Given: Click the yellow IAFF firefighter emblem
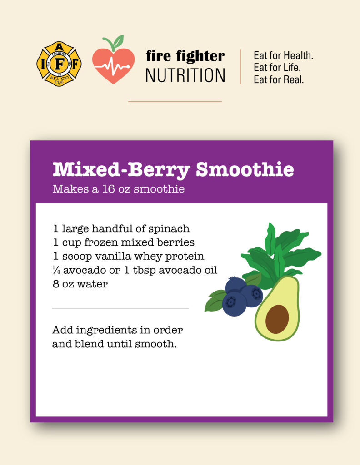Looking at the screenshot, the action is tap(59, 64).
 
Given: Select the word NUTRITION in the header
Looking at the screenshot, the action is tap(185, 75).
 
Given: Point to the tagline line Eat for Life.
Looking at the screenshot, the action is tap(277, 67).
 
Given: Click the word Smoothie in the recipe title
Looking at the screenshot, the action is tap(245, 169).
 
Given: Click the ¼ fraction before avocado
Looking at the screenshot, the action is tap(56, 270).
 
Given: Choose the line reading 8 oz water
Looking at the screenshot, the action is tap(80, 284).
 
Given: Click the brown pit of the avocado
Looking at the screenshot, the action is tap(277, 319).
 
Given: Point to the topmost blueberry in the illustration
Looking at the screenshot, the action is tap(235, 285).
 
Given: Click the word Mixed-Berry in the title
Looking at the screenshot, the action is tap(121, 170).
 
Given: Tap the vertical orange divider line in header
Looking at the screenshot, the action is tap(240, 67).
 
